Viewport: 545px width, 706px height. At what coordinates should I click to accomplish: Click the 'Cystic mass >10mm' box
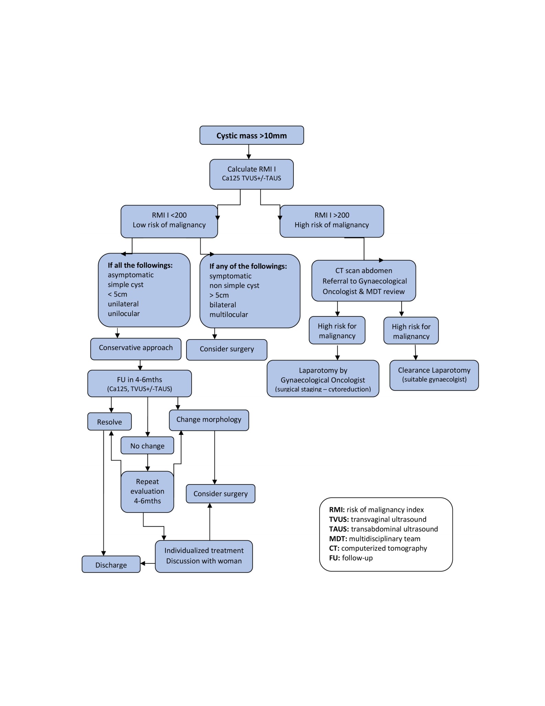tap(252, 135)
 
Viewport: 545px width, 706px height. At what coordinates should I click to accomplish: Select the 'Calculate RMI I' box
tap(252, 174)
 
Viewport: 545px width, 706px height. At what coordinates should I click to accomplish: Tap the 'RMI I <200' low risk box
tap(169, 221)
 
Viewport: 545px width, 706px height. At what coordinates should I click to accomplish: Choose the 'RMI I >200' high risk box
tap(332, 221)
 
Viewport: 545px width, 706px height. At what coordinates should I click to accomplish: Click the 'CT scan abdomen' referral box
tap(364, 281)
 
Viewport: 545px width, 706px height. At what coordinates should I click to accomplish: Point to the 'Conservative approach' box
tap(136, 349)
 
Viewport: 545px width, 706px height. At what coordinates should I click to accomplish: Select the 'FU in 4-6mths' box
tap(140, 383)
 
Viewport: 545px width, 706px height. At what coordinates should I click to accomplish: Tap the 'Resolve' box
tap(109, 422)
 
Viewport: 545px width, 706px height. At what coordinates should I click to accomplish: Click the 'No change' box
tap(147, 445)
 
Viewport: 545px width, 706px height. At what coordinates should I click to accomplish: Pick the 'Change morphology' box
tap(209, 420)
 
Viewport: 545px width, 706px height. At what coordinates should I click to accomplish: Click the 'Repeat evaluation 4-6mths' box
tap(147, 491)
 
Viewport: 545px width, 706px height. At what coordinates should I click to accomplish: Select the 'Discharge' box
tap(111, 564)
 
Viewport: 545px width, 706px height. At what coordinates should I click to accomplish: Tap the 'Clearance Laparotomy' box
tap(434, 375)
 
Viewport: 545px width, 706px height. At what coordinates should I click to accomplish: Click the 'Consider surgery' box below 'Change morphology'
tap(221, 494)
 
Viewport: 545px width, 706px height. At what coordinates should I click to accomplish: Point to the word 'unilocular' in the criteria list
tap(124, 313)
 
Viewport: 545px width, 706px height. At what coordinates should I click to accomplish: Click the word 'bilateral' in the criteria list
tap(223, 305)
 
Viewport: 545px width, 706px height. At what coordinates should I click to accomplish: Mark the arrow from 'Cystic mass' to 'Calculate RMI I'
tap(249, 152)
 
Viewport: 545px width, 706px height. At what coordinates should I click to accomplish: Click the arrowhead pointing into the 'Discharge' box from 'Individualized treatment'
tap(143, 563)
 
